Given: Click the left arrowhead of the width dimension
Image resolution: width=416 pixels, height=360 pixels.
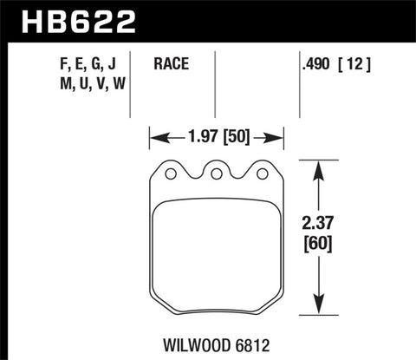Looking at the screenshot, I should click(x=155, y=135).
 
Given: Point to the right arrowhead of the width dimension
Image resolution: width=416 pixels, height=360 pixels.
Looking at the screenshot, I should click(x=279, y=135).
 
